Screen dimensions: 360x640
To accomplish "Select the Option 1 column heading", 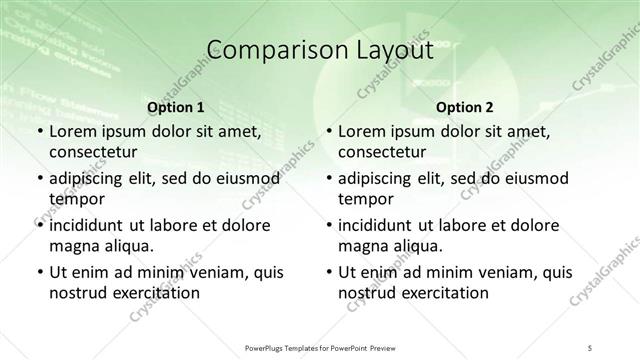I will click(175, 107).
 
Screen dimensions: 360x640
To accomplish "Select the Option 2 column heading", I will click(464, 107).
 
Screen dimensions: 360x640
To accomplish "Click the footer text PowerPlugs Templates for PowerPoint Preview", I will click(319, 347).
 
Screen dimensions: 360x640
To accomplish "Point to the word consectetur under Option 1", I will click(92, 152).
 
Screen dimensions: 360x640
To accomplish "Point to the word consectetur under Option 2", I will click(382, 152).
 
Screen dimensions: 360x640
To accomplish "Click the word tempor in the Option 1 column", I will click(73, 198).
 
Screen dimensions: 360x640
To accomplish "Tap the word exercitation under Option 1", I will click(156, 293).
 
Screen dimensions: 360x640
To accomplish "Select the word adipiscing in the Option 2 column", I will click(377, 179).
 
